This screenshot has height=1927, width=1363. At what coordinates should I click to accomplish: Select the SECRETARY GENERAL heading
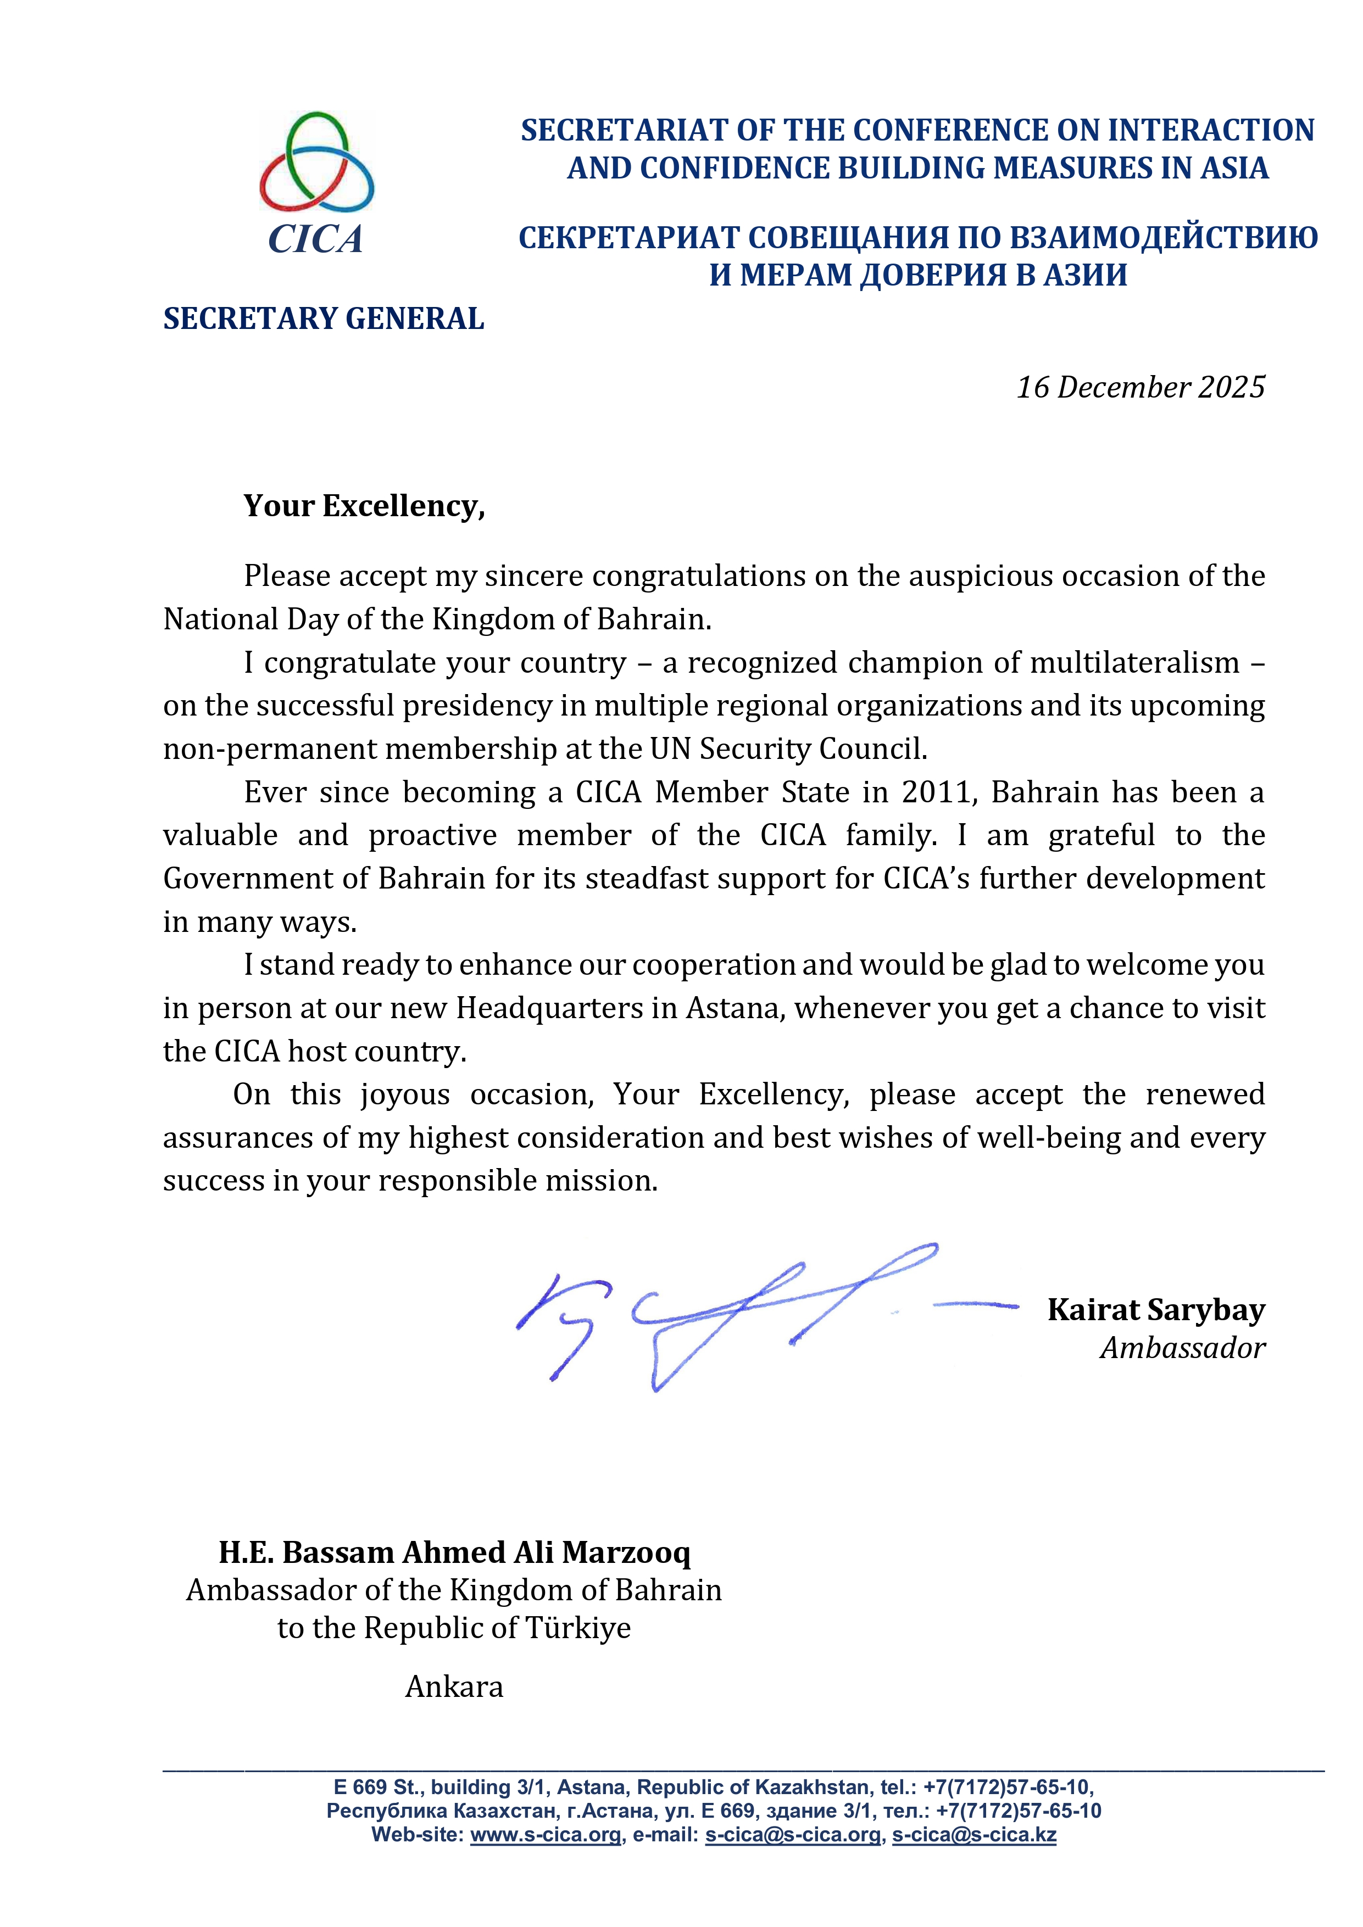coord(324,319)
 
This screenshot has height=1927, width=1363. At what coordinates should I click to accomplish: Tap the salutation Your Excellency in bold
coord(364,506)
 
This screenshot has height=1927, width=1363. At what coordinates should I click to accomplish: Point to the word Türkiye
coord(578,1628)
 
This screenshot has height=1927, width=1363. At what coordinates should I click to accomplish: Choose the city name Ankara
coord(454,1687)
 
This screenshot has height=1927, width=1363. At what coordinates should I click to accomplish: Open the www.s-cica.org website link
coord(546,1835)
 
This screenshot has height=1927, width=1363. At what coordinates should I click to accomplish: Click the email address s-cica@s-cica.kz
coord(973,1835)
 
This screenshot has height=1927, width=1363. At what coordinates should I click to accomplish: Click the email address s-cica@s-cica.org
coord(793,1835)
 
